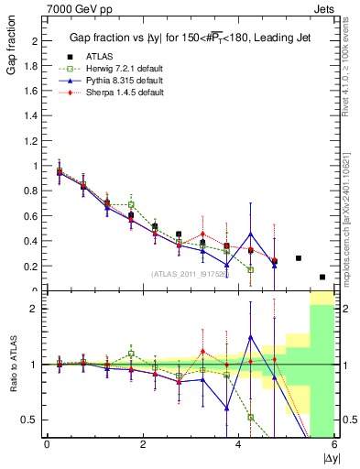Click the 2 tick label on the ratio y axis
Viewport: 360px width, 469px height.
(37, 309)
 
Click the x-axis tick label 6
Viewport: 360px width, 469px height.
(334, 445)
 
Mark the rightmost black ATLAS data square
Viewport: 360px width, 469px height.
(322, 277)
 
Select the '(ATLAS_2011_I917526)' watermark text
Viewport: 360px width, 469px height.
(191, 273)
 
